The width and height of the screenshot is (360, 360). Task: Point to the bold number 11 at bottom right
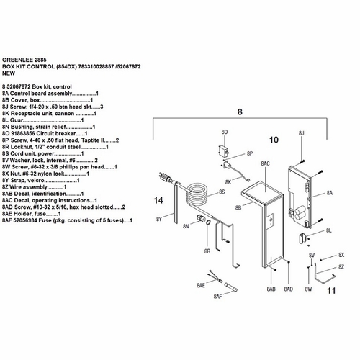(331, 292)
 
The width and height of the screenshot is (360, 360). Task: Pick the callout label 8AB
(270, 289)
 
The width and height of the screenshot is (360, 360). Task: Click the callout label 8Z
(342, 267)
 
